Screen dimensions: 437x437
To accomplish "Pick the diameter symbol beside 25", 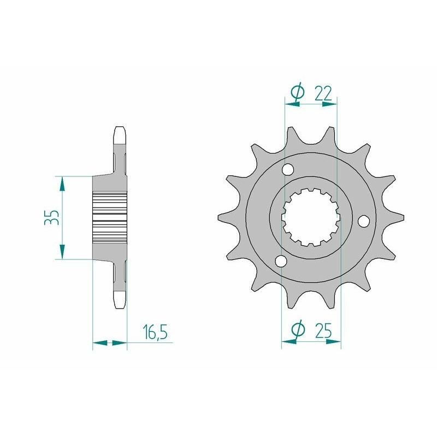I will pyautogui.click(x=297, y=329).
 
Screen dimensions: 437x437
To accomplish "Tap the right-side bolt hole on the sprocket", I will pyautogui.click(x=363, y=221).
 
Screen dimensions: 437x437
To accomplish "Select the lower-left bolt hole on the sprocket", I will pyautogui.click(x=281, y=262).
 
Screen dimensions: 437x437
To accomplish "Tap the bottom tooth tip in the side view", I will pyautogui.click(x=120, y=301).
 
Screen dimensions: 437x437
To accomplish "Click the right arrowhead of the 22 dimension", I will pyautogui.click(x=330, y=104).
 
